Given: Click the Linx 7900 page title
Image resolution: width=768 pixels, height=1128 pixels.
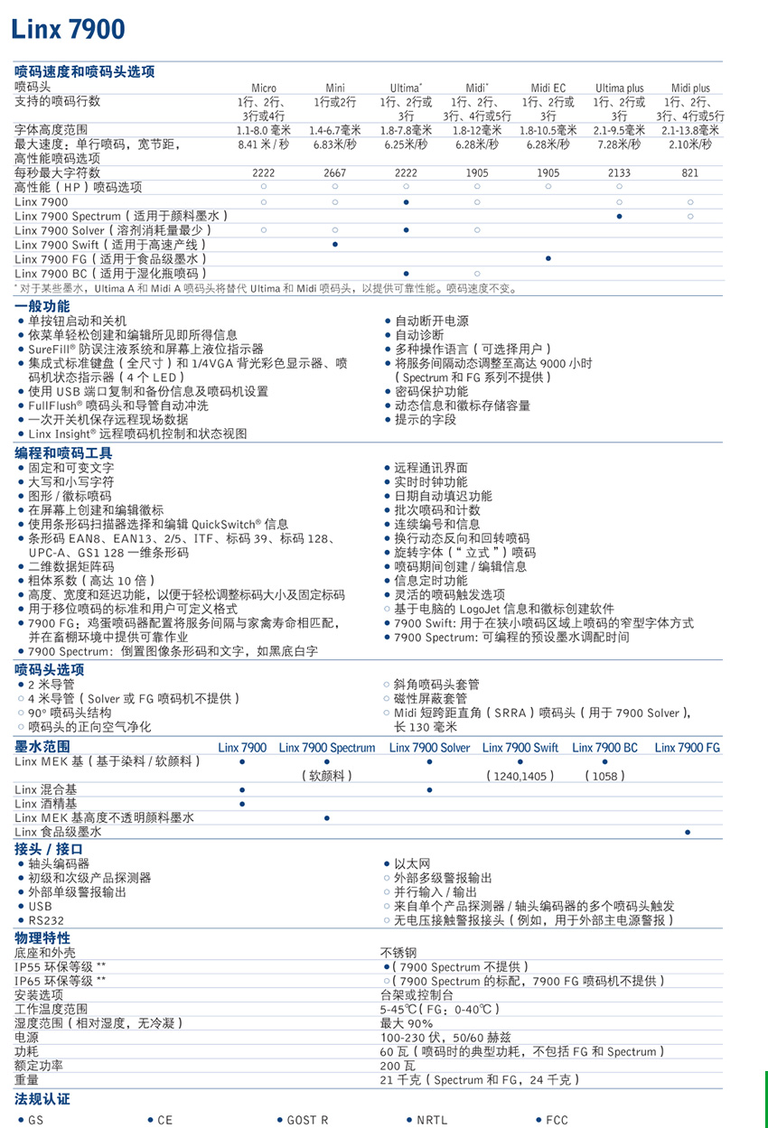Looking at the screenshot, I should [68, 30].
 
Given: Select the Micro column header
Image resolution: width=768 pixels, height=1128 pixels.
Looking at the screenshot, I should [264, 88].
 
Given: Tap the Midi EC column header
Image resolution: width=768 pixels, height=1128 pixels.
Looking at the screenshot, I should [548, 88].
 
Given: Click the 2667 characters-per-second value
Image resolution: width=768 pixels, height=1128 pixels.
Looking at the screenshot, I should [335, 172].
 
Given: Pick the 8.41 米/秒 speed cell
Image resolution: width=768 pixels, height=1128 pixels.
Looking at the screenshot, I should [263, 144].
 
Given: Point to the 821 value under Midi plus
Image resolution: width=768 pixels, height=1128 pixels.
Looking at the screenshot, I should [690, 172].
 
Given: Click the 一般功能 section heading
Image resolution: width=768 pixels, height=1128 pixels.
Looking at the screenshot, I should [42, 306].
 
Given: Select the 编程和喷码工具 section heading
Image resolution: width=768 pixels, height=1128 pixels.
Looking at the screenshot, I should [64, 453].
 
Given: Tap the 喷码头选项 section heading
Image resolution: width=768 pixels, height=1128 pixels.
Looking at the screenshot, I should [50, 669].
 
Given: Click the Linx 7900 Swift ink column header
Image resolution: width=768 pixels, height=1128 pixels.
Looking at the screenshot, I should [520, 747].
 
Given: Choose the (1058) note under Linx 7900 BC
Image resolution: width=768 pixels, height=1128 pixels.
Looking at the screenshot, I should [604, 776].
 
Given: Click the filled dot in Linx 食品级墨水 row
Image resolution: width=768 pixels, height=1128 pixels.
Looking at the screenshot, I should [688, 832].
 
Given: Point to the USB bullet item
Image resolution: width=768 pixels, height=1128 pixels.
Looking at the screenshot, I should [40, 906].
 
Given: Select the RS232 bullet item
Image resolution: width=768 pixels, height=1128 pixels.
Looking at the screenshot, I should [46, 920].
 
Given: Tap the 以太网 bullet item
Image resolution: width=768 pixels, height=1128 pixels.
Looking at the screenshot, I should [410, 863].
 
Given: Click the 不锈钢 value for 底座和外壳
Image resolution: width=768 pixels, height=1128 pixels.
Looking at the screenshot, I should [398, 952].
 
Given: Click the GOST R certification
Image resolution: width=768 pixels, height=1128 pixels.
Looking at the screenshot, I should [307, 1120].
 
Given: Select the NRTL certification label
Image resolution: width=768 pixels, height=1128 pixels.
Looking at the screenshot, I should [432, 1120].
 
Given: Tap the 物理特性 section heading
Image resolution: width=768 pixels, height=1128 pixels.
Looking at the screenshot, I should [42, 937].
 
